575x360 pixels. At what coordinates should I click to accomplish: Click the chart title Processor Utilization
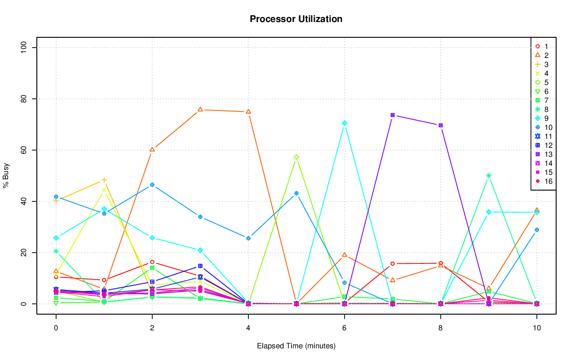(296, 19)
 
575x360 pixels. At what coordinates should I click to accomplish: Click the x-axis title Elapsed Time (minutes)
(296, 346)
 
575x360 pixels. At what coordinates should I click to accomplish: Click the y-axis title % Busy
(6, 176)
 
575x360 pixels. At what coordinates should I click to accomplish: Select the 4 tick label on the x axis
(248, 329)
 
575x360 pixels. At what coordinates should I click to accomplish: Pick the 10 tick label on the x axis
(536, 329)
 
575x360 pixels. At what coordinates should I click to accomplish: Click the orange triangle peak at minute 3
(200, 110)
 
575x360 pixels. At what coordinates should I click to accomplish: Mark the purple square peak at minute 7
(393, 115)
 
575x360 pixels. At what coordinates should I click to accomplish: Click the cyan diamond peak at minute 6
(345, 123)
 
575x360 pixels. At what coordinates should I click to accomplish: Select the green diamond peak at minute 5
(296, 157)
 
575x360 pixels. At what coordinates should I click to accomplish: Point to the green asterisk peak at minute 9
(489, 176)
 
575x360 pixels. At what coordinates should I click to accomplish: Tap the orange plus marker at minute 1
(104, 180)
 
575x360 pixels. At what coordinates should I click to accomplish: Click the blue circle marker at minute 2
(152, 185)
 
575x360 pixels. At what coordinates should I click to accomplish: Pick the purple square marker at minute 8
(441, 125)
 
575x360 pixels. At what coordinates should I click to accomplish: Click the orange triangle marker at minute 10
(537, 210)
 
